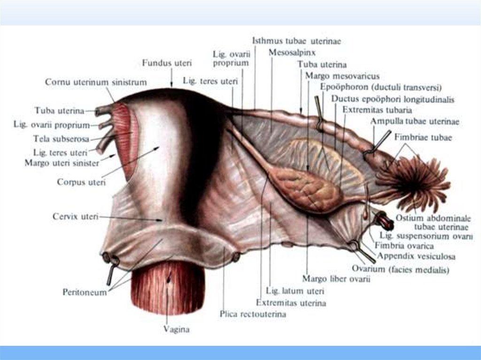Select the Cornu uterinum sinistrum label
(96, 82)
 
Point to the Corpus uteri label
(81, 181)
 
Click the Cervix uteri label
(76, 217)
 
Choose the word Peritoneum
(85, 292)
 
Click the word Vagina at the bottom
(176, 329)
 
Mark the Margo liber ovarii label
(336, 280)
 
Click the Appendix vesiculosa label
(416, 257)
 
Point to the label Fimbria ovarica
(404, 245)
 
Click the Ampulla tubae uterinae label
(415, 122)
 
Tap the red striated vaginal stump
(167, 286)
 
